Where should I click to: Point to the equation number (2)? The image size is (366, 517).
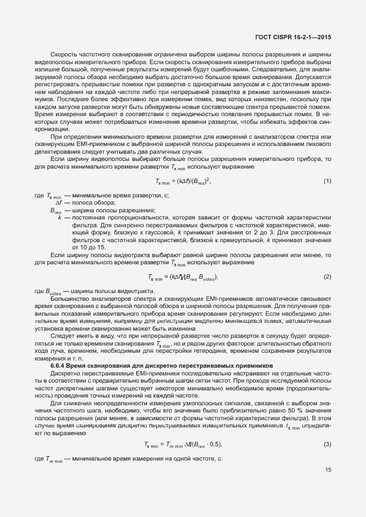(x=327, y=276)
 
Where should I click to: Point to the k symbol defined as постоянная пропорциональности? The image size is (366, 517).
(x=59, y=218)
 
